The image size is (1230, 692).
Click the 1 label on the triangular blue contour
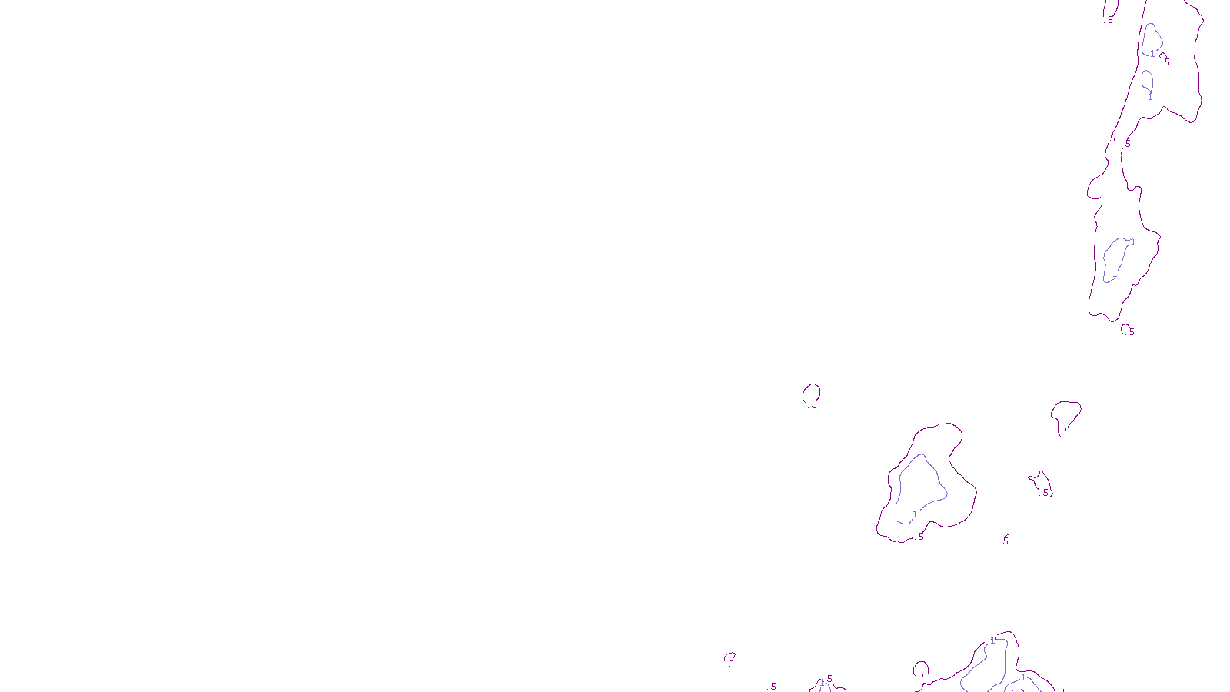click(915, 514)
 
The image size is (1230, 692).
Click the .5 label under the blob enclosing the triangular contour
click(921, 536)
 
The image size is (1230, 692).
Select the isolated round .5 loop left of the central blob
click(811, 394)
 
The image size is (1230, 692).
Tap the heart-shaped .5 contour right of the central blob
click(1065, 415)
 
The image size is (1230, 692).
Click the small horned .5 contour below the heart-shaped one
click(1041, 484)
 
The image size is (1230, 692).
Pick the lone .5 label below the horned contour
click(1006, 541)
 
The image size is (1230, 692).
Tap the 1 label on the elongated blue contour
click(1115, 274)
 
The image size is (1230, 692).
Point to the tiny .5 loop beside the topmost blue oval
click(1164, 58)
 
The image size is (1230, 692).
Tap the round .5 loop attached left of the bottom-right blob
click(921, 670)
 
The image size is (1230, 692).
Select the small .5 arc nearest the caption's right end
click(730, 659)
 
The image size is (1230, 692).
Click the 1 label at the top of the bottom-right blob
click(992, 640)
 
